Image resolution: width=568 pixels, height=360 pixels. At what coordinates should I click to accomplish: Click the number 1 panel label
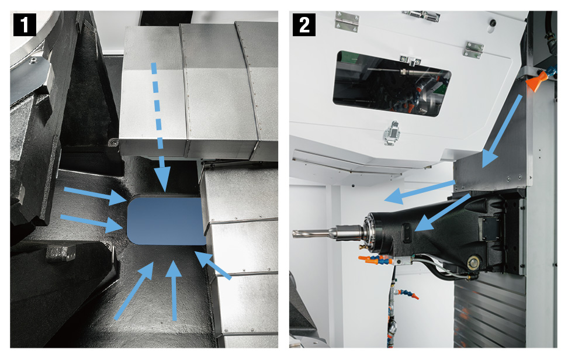click(25, 25)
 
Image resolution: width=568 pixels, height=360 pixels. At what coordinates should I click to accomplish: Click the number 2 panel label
click(304, 25)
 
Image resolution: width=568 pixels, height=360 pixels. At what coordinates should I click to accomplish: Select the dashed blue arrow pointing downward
click(160, 127)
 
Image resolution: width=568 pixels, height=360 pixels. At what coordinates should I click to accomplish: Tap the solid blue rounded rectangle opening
click(167, 221)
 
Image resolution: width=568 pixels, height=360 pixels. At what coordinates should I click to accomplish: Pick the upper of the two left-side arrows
click(95, 195)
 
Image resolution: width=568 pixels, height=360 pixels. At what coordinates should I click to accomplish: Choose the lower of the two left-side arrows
click(92, 222)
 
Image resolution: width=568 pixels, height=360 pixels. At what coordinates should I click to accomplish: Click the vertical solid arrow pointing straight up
click(174, 290)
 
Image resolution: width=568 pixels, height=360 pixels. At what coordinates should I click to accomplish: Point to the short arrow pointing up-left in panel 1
click(213, 265)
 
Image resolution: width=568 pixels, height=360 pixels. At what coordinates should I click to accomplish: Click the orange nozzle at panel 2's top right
click(536, 81)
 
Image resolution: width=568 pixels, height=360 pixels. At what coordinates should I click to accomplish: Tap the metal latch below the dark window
click(391, 133)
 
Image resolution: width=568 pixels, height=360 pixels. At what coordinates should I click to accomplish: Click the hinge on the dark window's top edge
click(410, 60)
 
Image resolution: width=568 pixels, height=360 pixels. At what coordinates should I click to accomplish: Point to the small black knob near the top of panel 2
click(493, 22)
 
